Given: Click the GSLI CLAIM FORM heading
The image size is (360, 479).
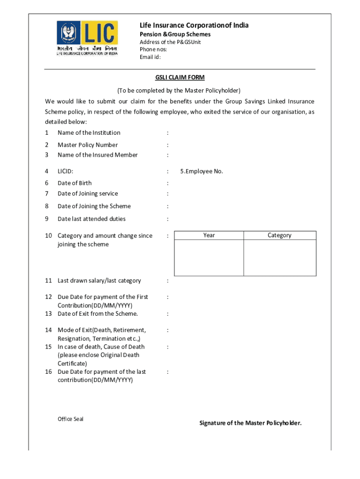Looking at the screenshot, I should pyautogui.click(x=180, y=77).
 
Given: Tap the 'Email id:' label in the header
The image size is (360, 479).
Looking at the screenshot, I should pyautogui.click(x=150, y=57).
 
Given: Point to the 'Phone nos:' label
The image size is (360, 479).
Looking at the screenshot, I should pyautogui.click(x=153, y=49).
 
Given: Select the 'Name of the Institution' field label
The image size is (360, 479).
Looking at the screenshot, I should pyautogui.click(x=89, y=132).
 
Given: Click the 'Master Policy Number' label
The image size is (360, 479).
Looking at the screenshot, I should pyautogui.click(x=87, y=145).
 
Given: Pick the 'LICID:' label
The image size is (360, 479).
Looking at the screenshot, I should pyautogui.click(x=65, y=171).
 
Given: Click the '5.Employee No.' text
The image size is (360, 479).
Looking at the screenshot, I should pyautogui.click(x=202, y=171).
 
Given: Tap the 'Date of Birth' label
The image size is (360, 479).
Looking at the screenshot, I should pyautogui.click(x=74, y=183).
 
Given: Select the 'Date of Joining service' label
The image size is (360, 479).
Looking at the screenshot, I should pyautogui.click(x=87, y=193).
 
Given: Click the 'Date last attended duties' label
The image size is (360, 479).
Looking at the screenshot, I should pyautogui.click(x=91, y=218).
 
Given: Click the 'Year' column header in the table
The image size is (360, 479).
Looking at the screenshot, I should pyautogui.click(x=209, y=235).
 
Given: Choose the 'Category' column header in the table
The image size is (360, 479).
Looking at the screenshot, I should pyautogui.click(x=280, y=235).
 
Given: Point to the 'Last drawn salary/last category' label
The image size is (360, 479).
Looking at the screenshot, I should pyautogui.click(x=99, y=280).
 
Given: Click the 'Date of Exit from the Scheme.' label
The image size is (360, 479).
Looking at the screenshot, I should pyautogui.click(x=98, y=313).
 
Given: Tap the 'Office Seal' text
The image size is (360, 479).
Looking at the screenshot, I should pyautogui.click(x=71, y=419).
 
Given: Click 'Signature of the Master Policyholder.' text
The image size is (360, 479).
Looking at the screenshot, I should pyautogui.click(x=251, y=423).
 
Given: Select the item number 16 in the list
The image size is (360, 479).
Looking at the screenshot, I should pyautogui.click(x=48, y=371).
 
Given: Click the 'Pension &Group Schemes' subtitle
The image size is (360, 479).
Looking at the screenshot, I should pyautogui.click(x=175, y=34).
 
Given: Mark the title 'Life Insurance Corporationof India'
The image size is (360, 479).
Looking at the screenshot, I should pyautogui.click(x=194, y=25).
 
